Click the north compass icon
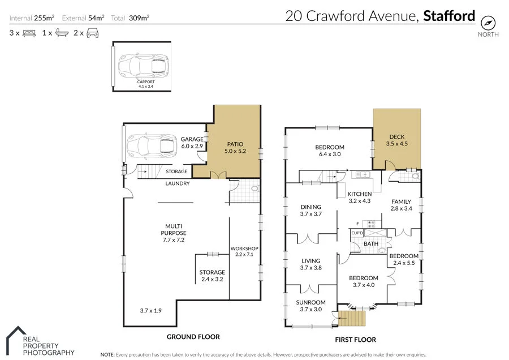488,22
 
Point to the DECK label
396,140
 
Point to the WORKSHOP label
244,249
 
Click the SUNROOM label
310,306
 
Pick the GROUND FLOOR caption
193,337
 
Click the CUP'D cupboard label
357,233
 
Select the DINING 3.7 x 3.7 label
310,210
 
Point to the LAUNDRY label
177,183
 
